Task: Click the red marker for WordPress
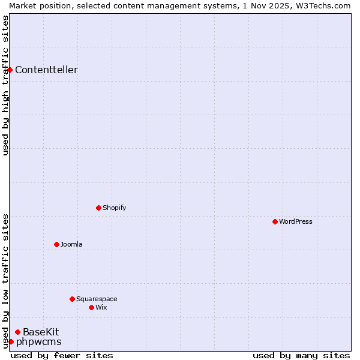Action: pos(275,221)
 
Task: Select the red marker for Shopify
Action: pos(98,208)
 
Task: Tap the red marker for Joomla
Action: pos(56,244)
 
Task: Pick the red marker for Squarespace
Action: pos(72,299)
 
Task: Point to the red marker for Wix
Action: pos(91,307)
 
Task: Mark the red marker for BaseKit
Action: pos(17,332)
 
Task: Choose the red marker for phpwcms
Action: pos(11,341)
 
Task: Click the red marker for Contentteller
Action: pos(10,70)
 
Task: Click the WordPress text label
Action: pos(295,221)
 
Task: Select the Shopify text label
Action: pos(114,208)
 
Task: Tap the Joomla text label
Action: pos(71,244)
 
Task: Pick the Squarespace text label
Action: pos(97,299)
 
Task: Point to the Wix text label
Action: pos(101,307)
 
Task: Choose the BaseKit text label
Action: pos(41,332)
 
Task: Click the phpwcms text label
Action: pos(39,342)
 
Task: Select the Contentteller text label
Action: pos(46,70)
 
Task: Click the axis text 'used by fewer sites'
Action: pos(62,355)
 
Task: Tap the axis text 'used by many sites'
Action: pos(301,355)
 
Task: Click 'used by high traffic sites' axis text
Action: pos(5,85)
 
